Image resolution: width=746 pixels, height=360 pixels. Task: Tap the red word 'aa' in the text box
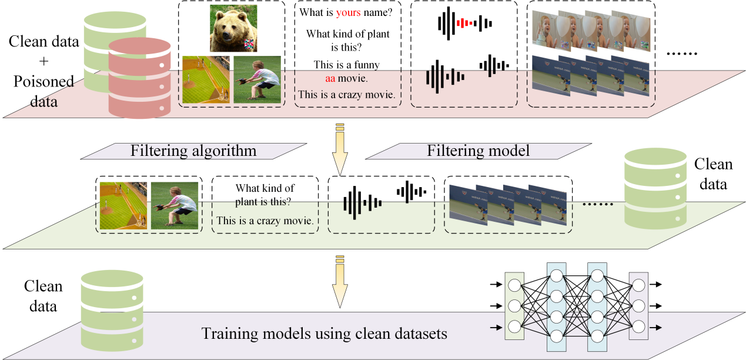click(x=329, y=78)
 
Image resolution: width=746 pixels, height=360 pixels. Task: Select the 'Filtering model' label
click(x=478, y=151)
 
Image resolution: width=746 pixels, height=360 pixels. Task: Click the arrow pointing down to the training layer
click(x=340, y=282)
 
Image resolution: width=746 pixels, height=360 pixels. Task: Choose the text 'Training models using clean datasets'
click(x=325, y=334)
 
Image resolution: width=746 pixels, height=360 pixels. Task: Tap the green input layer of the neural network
click(x=514, y=306)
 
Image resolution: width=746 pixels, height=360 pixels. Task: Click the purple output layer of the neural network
click(x=638, y=306)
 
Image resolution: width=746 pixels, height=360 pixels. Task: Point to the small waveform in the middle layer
click(x=412, y=191)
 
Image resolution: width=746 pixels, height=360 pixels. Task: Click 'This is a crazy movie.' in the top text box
click(x=346, y=94)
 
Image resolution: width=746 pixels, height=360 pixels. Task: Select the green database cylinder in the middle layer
click(x=655, y=188)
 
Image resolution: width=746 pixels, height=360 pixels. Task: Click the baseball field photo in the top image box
click(x=206, y=79)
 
